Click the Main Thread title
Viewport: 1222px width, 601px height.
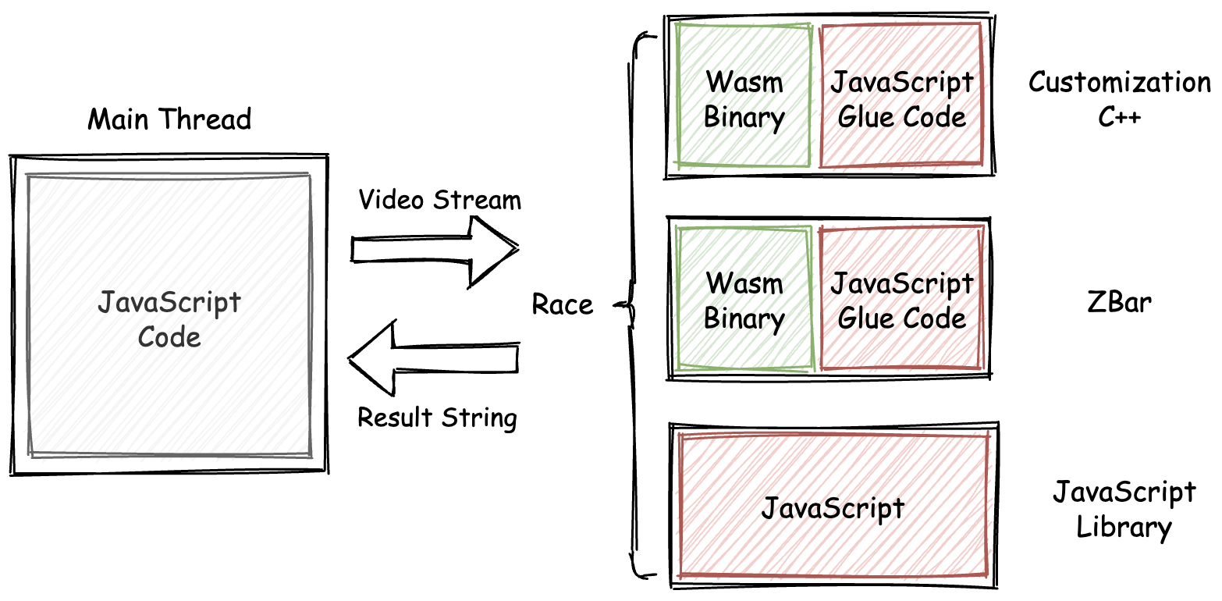click(169, 120)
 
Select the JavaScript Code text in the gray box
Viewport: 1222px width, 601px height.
click(169, 319)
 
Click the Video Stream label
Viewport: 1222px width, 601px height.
click(439, 200)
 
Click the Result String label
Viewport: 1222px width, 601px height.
click(437, 418)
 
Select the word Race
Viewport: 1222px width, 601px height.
click(563, 304)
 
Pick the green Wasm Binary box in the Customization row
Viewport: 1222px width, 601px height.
click(744, 95)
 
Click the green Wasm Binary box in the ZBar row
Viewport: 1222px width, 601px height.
click(744, 298)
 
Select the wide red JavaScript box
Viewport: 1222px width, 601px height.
click(833, 508)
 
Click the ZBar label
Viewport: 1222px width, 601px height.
click(1119, 302)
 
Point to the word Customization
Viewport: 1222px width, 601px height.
click(1120, 82)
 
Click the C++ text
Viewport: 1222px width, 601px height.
click(1120, 117)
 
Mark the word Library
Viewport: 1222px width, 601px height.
click(1124, 528)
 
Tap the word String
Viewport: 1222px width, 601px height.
click(479, 418)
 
